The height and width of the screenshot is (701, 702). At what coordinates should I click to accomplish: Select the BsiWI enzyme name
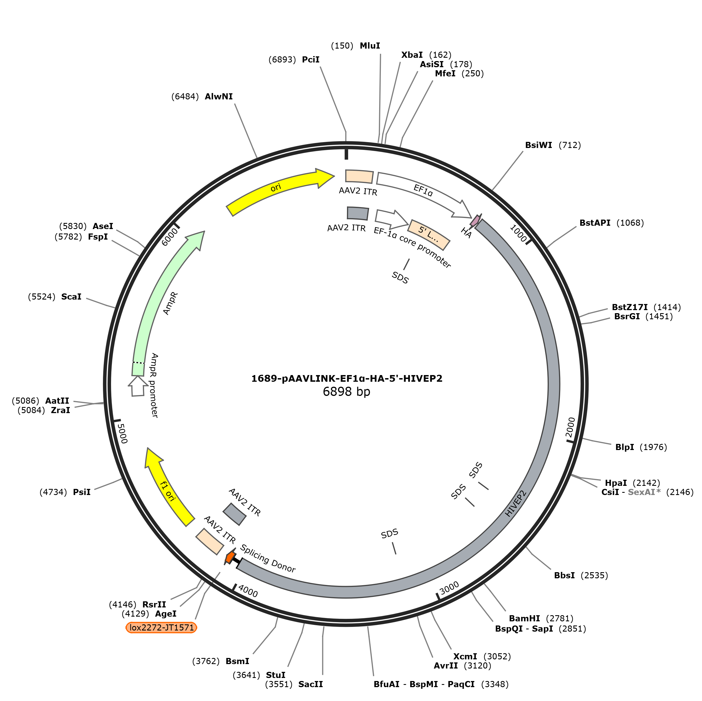(538, 145)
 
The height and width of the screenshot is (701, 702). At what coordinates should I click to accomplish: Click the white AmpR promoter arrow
(138, 386)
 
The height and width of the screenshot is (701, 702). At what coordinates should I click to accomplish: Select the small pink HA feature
(475, 220)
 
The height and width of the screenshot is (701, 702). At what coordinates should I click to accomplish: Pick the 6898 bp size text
(346, 392)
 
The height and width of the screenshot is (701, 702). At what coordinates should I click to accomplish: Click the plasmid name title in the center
(347, 379)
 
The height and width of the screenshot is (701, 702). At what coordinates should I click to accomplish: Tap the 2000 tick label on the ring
(570, 427)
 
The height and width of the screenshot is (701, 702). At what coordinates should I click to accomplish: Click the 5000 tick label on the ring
(123, 434)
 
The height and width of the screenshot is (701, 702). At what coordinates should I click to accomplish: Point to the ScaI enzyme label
(71, 297)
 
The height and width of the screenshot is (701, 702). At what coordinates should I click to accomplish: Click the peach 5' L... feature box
(429, 235)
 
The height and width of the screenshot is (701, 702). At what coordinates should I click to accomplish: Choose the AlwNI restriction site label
(218, 97)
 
